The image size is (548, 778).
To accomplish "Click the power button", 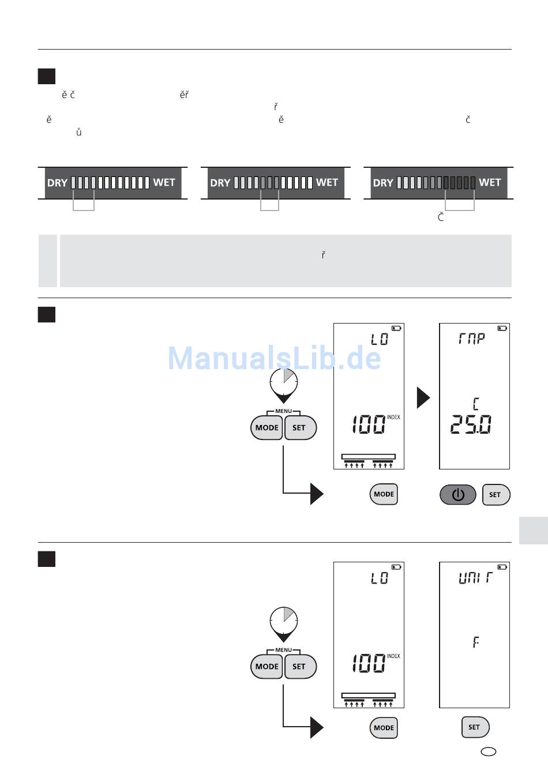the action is click(x=458, y=495).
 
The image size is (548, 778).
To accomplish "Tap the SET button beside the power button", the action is click(x=496, y=495).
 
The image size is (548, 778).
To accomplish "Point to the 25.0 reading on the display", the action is click(x=470, y=426).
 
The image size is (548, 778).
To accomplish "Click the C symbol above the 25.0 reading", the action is click(x=475, y=403).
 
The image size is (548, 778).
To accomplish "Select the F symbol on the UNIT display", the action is click(x=475, y=642).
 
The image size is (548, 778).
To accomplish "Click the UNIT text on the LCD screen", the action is click(x=475, y=577).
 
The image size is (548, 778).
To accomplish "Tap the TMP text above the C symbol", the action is click(x=472, y=339).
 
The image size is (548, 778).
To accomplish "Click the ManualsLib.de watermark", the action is click(x=274, y=358).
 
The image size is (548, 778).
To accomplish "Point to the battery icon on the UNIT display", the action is click(x=502, y=567).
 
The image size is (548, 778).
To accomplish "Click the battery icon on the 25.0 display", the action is click(x=502, y=328).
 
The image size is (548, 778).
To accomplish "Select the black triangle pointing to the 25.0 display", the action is click(x=423, y=397).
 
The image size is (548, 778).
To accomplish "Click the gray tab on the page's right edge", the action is click(x=533, y=530).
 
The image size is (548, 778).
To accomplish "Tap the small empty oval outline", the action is click(x=489, y=751).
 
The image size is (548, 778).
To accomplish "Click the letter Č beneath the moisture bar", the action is click(x=441, y=217).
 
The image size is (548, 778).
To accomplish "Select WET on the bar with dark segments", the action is click(x=490, y=183).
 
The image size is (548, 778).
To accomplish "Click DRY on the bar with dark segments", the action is click(x=383, y=183).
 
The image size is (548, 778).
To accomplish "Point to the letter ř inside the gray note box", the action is click(x=323, y=254).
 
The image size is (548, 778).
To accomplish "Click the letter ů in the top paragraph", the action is click(x=78, y=133).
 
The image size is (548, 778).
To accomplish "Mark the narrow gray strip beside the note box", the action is click(x=47, y=261).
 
